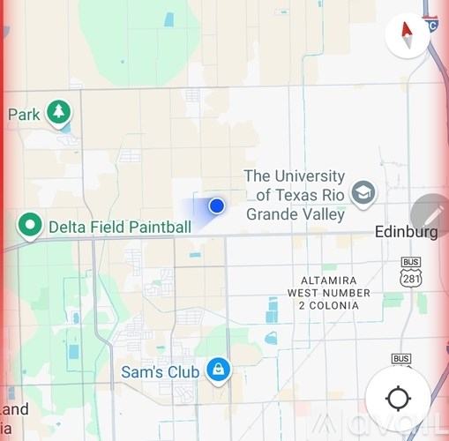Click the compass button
pyautogui.click(x=408, y=36)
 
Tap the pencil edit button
pyautogui.click(x=431, y=215)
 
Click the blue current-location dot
pyautogui.click(x=217, y=206)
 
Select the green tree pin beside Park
pyautogui.click(x=59, y=112)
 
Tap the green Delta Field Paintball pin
pyautogui.click(x=31, y=226)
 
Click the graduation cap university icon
pyautogui.click(x=363, y=192)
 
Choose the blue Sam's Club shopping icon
pyautogui.click(x=217, y=370)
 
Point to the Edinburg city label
pyautogui.click(x=406, y=233)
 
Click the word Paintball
pyautogui.click(x=158, y=228)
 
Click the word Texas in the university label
pyautogui.click(x=300, y=195)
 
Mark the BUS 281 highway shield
pyautogui.click(x=411, y=273)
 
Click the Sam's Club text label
pyautogui.click(x=160, y=372)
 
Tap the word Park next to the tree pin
pyautogui.click(x=24, y=115)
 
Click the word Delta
pyautogui.click(x=67, y=228)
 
